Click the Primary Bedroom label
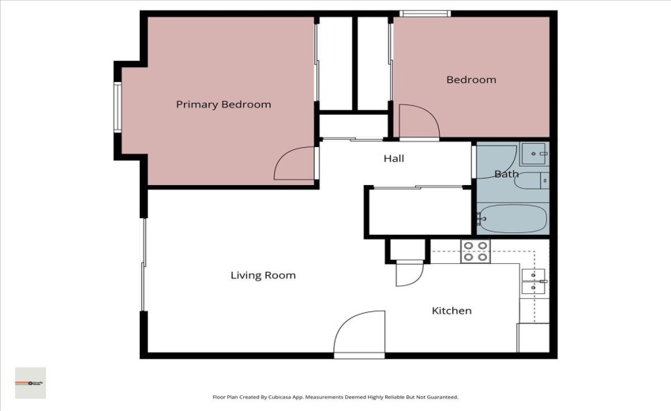223,104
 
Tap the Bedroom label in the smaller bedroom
471,80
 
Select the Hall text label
394,159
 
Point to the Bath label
506,174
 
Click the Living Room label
263,276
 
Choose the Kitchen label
452,311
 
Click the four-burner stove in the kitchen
475,251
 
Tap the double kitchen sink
534,281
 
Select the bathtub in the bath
512,217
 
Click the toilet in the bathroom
529,182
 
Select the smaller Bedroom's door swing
418,123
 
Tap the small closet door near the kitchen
409,272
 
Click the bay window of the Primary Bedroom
118,107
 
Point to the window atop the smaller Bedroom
425,13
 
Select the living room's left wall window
143,265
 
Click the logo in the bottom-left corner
31,383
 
